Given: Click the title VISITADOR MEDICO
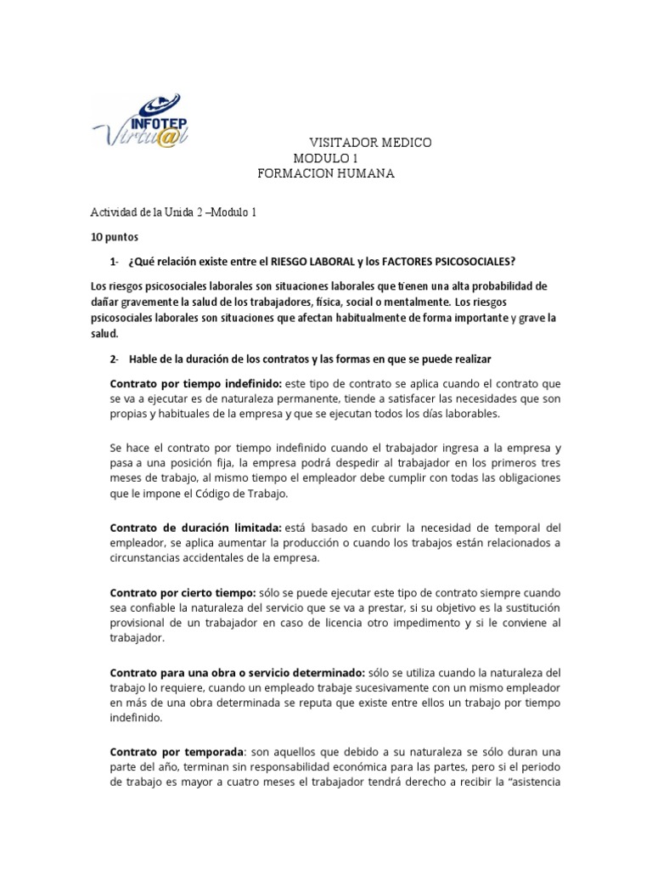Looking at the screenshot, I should point(368,143).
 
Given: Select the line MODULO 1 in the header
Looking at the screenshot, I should point(326,158).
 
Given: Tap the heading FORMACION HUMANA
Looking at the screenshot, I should point(326,173).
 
